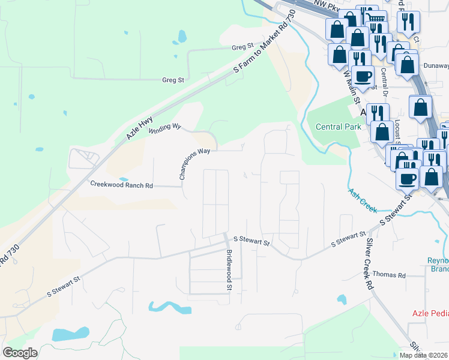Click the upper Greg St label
point(243,47)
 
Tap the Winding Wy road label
point(164,128)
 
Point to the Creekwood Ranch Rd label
point(121,185)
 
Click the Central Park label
point(339,127)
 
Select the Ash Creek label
point(362,200)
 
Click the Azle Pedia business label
point(430,313)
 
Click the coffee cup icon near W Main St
point(363,76)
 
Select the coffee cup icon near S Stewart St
point(407,178)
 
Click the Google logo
point(20,353)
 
